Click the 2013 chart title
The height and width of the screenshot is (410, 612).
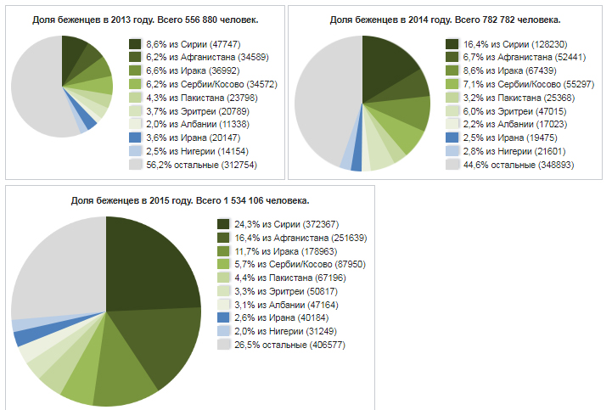tap(145, 19)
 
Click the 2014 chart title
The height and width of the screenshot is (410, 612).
tap(446, 19)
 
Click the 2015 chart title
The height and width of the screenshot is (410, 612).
tap(189, 200)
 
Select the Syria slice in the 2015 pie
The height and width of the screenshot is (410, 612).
tap(149, 263)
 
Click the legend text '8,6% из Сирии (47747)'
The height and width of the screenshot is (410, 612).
tap(194, 43)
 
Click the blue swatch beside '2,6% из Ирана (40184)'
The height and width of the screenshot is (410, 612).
tap(223, 315)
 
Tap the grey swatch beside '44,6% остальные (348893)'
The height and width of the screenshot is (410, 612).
tap(452, 165)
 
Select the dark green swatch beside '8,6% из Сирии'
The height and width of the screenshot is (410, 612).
tap(135, 43)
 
